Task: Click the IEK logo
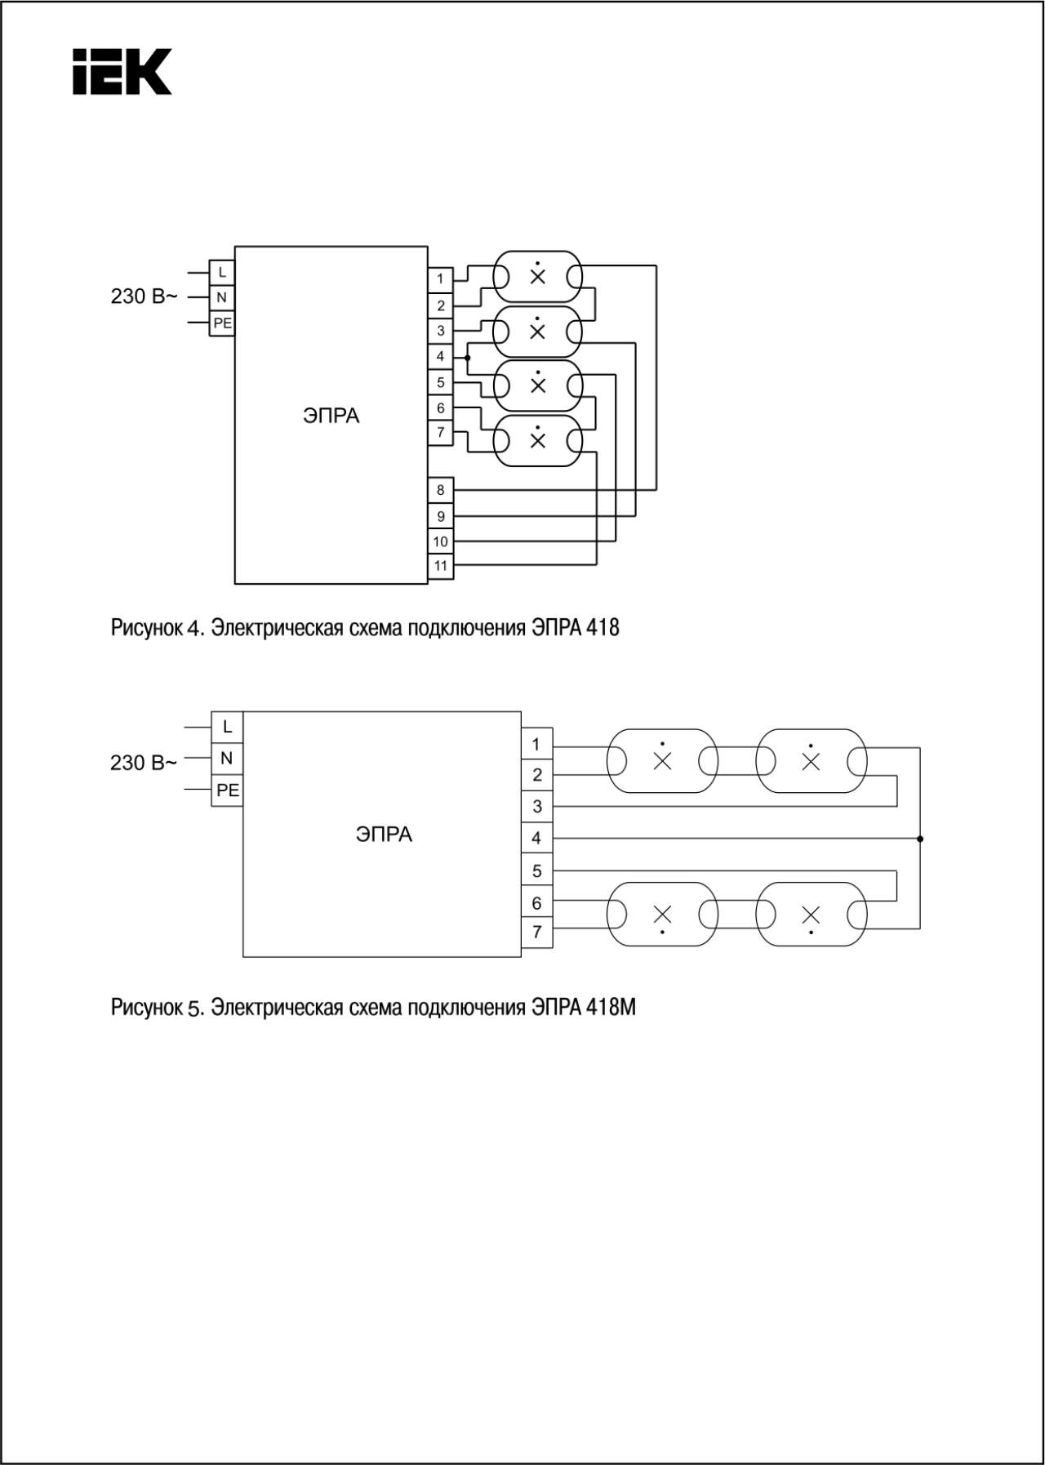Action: (x=122, y=72)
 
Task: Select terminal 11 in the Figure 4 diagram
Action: (x=441, y=566)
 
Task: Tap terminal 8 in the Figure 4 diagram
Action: (x=441, y=490)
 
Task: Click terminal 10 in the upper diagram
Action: (x=441, y=541)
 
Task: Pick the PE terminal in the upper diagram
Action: (x=222, y=323)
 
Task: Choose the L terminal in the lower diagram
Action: (x=227, y=726)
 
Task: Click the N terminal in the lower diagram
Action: (x=227, y=759)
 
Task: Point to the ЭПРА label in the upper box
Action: (x=331, y=416)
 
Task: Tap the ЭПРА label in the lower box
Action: (x=384, y=835)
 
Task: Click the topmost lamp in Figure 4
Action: (x=537, y=277)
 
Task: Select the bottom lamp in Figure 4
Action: (x=537, y=441)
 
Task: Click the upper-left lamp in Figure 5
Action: (x=662, y=761)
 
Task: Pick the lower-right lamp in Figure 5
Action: (x=811, y=914)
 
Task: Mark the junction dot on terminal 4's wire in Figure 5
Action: (x=920, y=839)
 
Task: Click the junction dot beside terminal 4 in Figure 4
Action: (x=467, y=358)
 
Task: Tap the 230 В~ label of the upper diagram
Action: (x=144, y=296)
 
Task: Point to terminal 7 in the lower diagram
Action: (x=537, y=933)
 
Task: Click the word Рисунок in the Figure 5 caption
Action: (x=147, y=1009)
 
